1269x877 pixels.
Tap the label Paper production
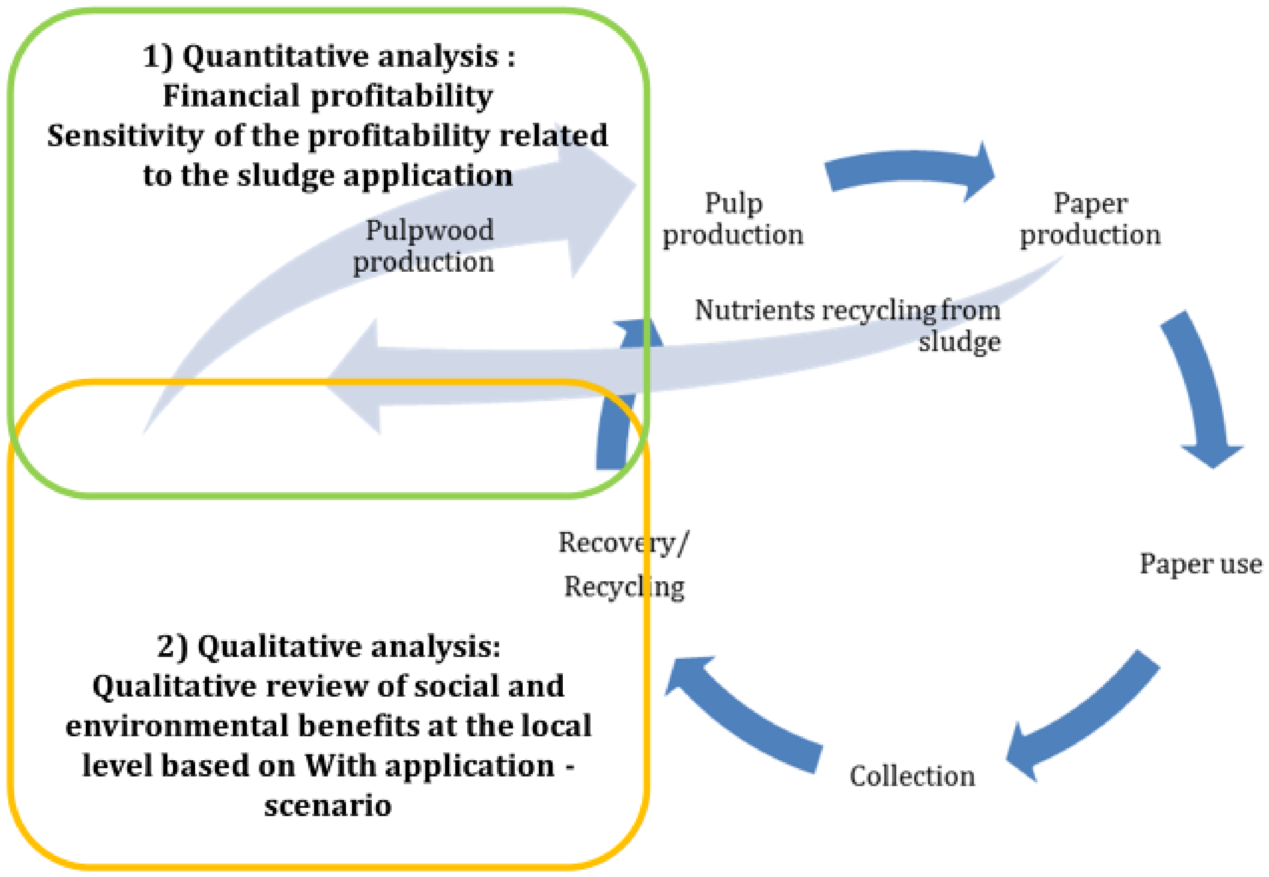pyautogui.click(x=1090, y=219)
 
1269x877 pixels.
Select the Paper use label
pyautogui.click(x=1200, y=564)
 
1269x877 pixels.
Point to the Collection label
pyautogui.click(x=912, y=776)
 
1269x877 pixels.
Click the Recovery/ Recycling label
pyautogui.click(x=624, y=564)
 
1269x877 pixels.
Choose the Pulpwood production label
pyautogui.click(x=424, y=245)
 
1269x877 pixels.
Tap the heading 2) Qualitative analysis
pyautogui.click(x=328, y=646)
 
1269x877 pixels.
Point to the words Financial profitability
pyautogui.click(x=328, y=96)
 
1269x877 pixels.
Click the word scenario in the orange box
pyautogui.click(x=328, y=806)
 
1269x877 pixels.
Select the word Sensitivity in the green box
pyautogui.click(x=125, y=136)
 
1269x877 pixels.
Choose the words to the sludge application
pyautogui.click(x=328, y=176)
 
